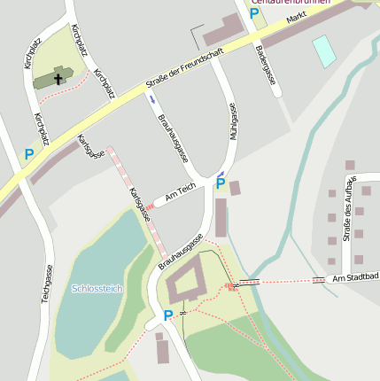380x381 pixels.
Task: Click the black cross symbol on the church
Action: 59,78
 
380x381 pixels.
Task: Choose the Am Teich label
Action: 180,191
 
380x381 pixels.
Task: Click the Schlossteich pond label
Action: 97,289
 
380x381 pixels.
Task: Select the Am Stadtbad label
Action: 355,278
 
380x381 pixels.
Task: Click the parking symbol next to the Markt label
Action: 254,13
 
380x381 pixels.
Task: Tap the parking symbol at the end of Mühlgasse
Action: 221,183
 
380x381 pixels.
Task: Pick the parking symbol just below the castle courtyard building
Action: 168,315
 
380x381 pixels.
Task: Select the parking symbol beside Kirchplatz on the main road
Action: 29,154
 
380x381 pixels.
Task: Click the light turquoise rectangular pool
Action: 324,51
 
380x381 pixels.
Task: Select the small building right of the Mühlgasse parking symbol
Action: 235,188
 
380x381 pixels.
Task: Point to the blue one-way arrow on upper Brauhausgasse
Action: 151,98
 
